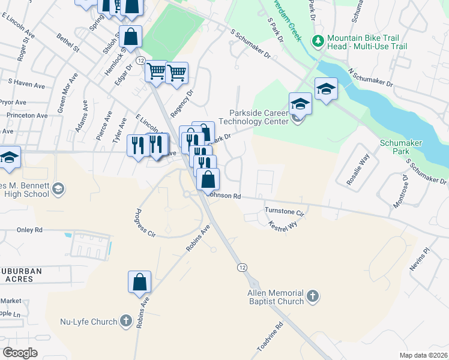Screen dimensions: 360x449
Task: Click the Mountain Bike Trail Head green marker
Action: click(318, 41)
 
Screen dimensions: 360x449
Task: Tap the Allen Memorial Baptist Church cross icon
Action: click(312, 296)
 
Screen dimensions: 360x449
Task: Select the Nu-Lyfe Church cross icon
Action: click(125, 321)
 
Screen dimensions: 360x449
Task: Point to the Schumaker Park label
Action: click(401, 148)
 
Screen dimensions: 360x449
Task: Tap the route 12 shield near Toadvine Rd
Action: click(241, 267)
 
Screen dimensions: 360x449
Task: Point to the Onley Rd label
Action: click(30, 230)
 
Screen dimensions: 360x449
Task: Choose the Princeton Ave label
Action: click(27, 115)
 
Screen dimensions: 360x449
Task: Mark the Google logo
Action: click(20, 353)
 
